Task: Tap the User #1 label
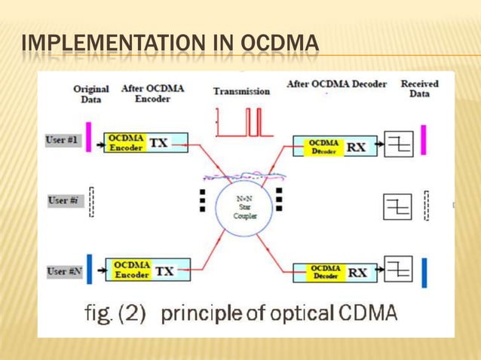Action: click(x=64, y=141)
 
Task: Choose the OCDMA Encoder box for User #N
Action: click(x=132, y=270)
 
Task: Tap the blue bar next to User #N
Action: click(x=90, y=270)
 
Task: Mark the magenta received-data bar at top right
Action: click(x=423, y=140)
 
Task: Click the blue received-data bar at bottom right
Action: click(x=424, y=273)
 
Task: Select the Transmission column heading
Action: click(x=241, y=91)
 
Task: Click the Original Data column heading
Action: click(x=90, y=93)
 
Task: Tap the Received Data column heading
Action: click(x=419, y=88)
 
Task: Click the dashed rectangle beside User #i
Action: click(x=91, y=202)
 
